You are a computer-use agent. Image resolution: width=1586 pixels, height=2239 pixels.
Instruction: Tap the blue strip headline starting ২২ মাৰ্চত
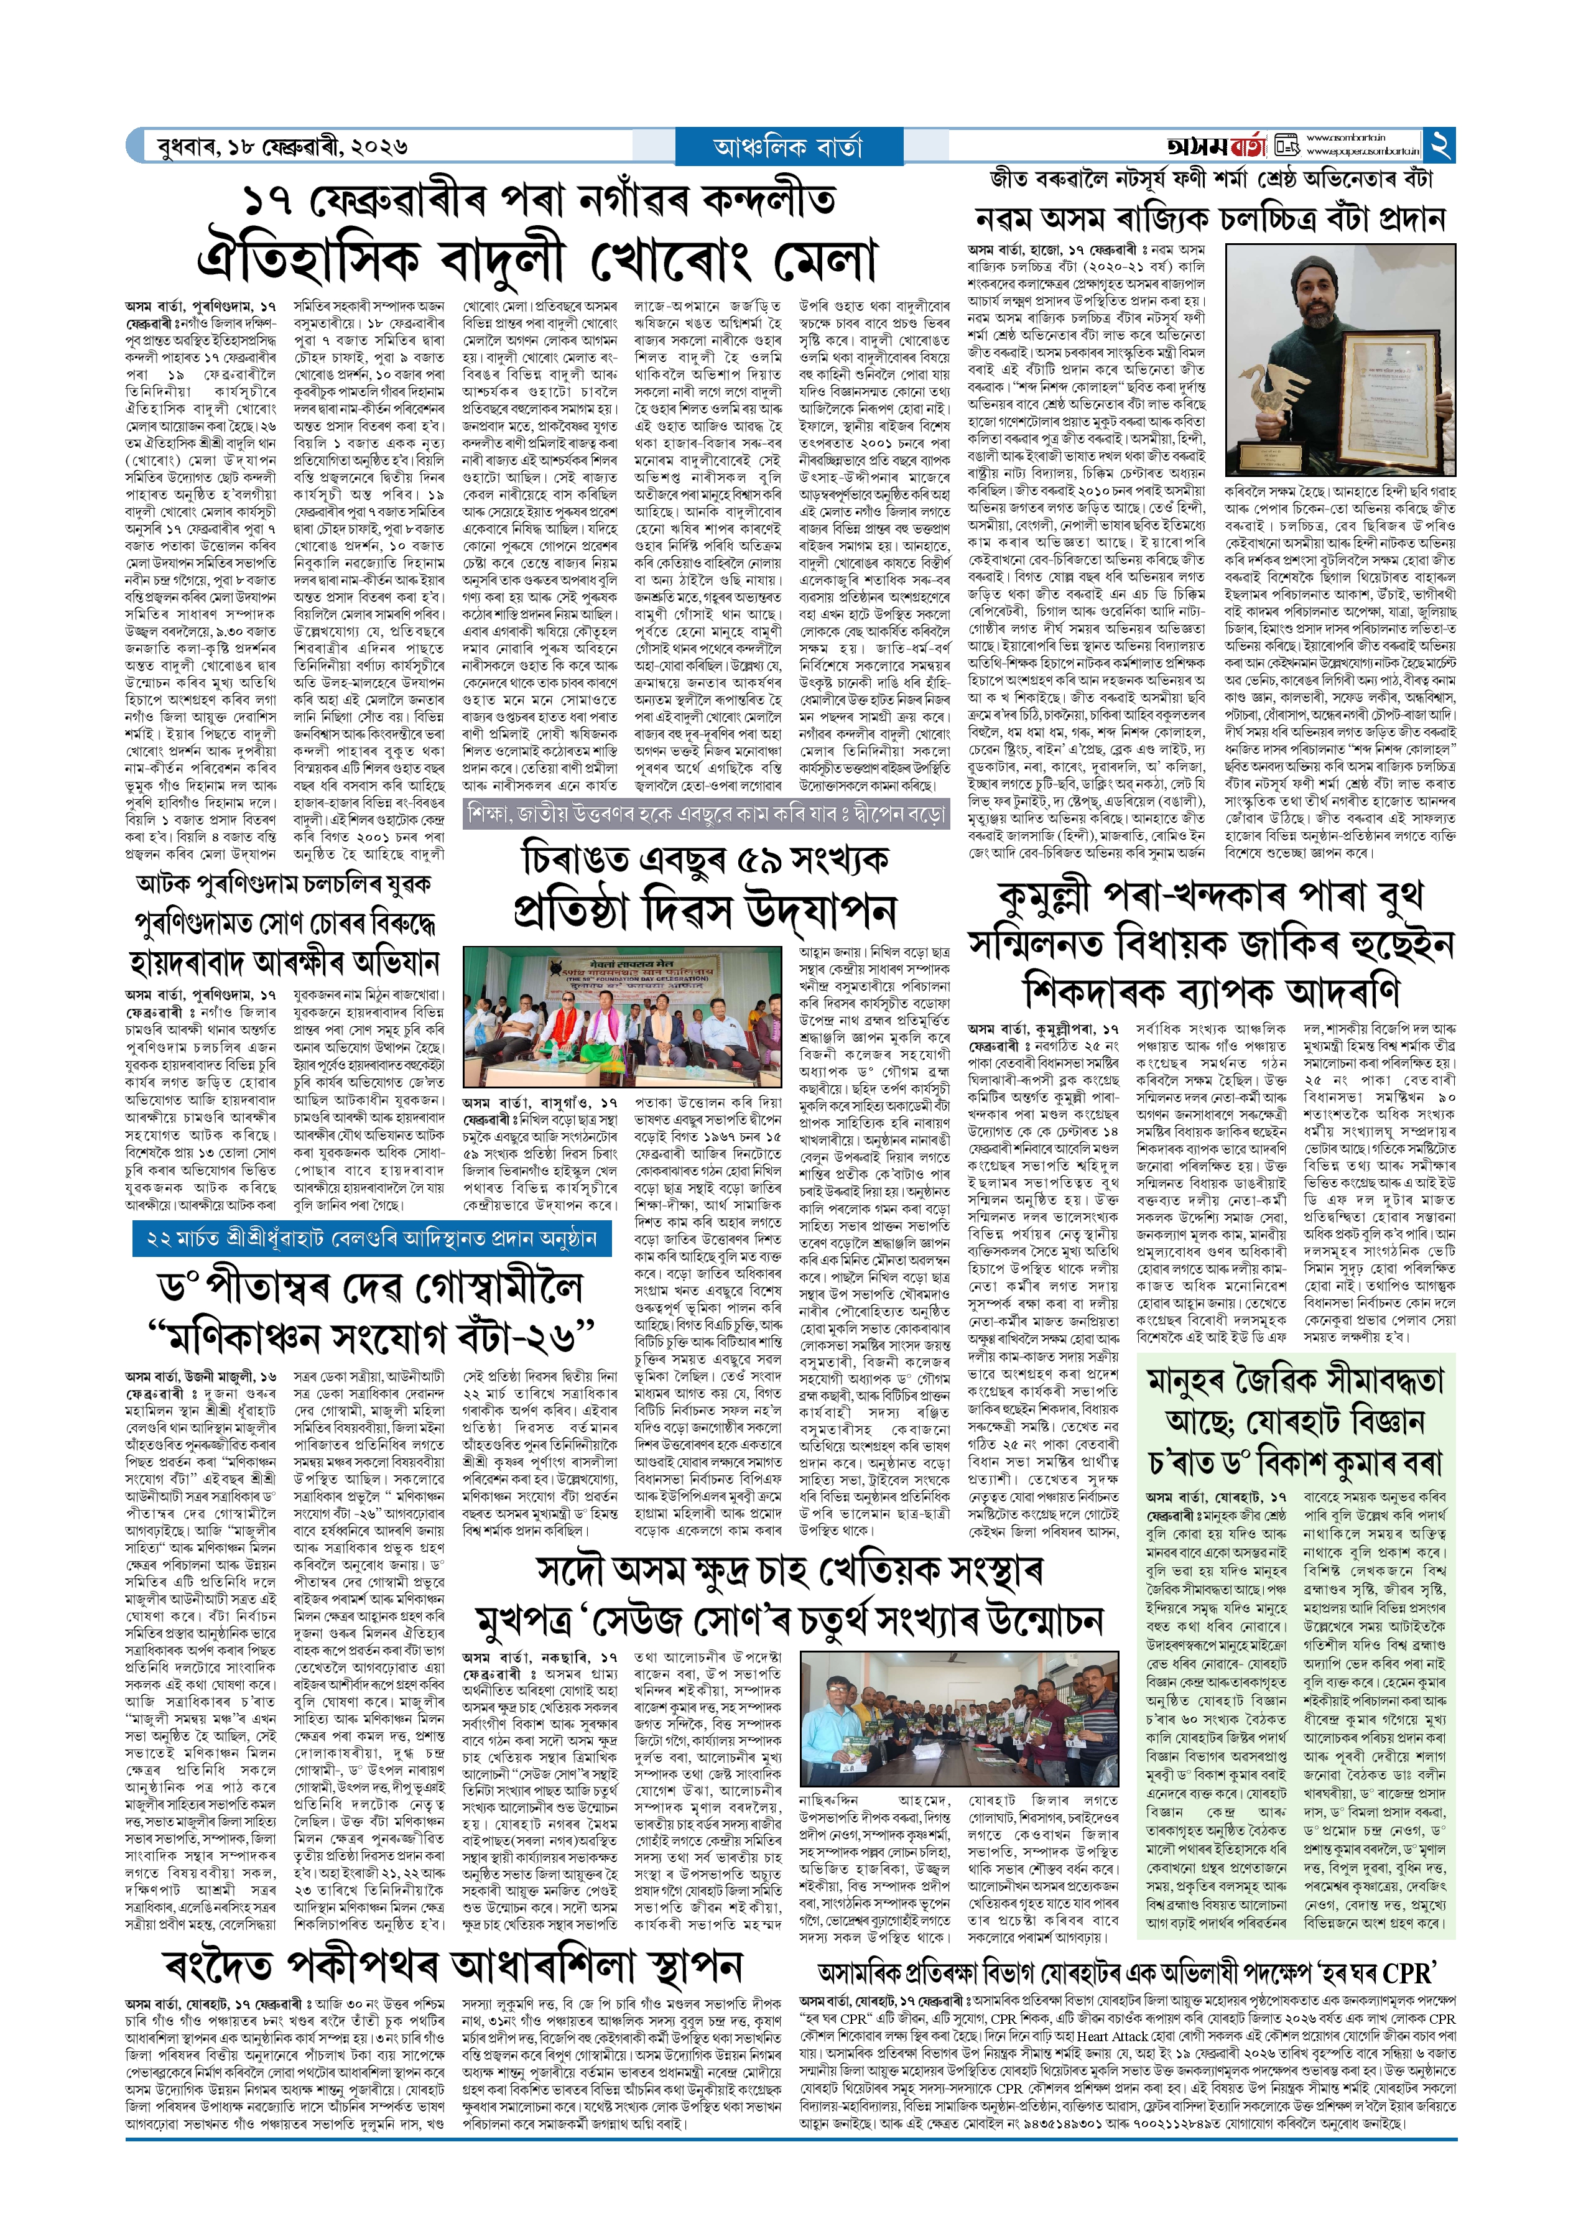pyautogui.click(x=371, y=1239)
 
